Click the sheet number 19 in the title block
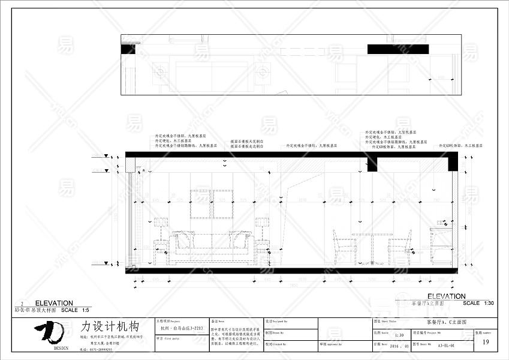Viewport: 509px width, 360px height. click(x=486, y=343)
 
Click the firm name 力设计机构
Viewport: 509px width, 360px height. click(x=110, y=327)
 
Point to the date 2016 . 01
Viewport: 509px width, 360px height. click(x=399, y=346)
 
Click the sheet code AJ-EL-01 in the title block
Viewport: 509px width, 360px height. click(x=447, y=346)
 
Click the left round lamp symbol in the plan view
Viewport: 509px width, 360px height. click(x=160, y=72)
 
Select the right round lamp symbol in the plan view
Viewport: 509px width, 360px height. click(x=261, y=72)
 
